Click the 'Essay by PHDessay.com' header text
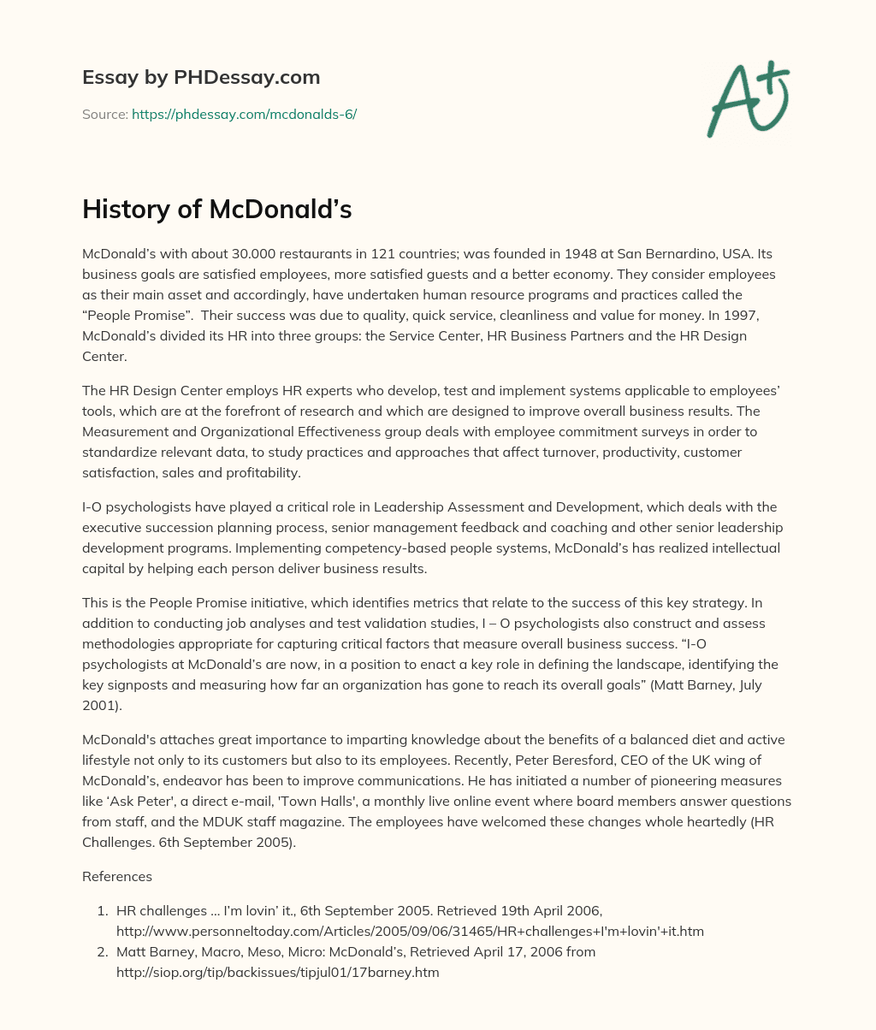pos(201,78)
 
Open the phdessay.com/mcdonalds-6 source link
pos(244,114)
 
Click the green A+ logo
pos(746,99)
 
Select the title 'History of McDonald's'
pos(216,210)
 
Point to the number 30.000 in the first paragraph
pos(233,254)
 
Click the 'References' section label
pos(117,876)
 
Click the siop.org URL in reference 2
pos(277,972)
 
